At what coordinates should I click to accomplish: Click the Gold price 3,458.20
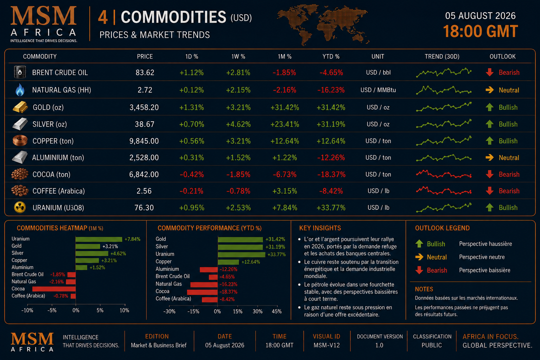[144, 107]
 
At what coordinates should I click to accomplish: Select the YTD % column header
[331, 56]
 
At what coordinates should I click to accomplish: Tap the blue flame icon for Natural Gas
[20, 90]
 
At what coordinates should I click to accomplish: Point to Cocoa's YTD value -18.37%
[331, 174]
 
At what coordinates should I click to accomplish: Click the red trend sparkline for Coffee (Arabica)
[444, 191]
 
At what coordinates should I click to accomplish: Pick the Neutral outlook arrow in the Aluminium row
[489, 157]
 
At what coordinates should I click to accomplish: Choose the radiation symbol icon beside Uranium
[20, 207]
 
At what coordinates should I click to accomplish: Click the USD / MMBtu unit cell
[378, 90]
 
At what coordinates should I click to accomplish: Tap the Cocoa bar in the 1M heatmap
[54, 289]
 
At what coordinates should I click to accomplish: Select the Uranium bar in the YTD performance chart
[241, 255]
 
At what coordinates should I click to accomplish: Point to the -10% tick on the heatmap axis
[27, 310]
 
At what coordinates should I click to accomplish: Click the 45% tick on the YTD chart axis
[277, 311]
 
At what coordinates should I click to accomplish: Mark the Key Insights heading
[320, 228]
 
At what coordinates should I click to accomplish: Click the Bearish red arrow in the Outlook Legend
[419, 270]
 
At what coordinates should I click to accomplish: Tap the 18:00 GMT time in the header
[480, 31]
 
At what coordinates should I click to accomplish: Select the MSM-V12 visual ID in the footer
[326, 345]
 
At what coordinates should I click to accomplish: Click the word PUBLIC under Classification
[432, 345]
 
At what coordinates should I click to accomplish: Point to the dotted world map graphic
[323, 25]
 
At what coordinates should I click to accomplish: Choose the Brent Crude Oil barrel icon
[20, 72]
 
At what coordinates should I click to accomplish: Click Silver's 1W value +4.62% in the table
[238, 124]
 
